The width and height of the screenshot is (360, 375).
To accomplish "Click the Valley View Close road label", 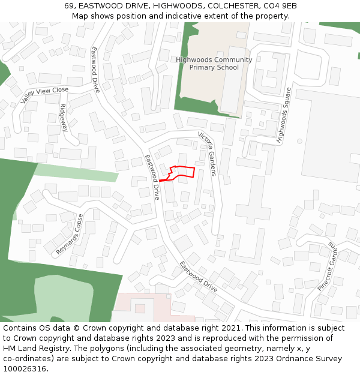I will click(44, 95).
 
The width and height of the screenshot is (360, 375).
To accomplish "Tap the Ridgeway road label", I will click(64, 118).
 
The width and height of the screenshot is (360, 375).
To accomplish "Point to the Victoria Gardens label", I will click(207, 154).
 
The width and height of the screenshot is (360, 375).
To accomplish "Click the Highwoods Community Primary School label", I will click(214, 64).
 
